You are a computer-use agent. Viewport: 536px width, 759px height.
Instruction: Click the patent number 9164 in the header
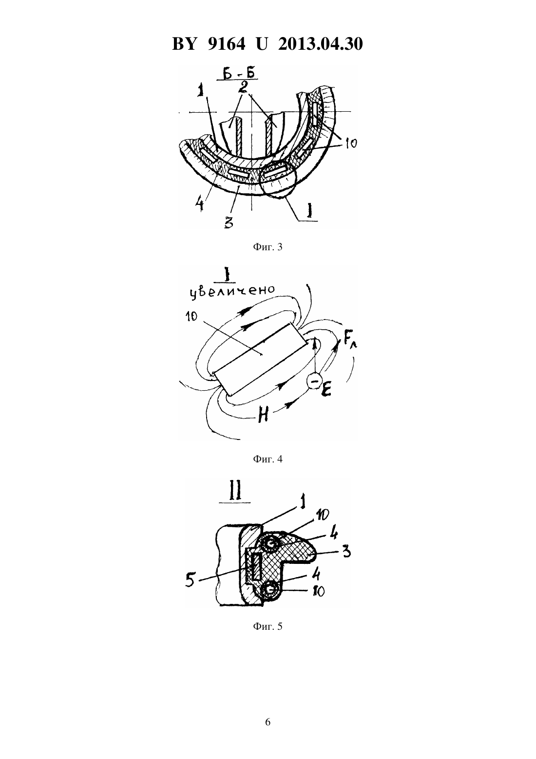tap(226, 44)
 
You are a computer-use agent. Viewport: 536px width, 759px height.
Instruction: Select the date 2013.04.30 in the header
tap(320, 44)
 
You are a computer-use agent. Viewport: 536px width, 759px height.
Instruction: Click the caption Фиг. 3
tap(268, 247)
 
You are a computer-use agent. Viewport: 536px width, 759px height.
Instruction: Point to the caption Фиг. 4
tap(268, 459)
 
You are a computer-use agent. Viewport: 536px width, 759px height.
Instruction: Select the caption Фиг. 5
tap(268, 626)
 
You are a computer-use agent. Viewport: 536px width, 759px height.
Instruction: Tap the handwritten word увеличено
tap(232, 291)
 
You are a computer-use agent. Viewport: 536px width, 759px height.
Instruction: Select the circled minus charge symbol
tap(313, 381)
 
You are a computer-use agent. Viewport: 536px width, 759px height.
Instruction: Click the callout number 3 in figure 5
tap(346, 552)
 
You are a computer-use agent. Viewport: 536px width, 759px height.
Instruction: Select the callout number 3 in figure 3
tap(229, 222)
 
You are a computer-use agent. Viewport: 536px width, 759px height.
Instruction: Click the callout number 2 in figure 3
tap(243, 87)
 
